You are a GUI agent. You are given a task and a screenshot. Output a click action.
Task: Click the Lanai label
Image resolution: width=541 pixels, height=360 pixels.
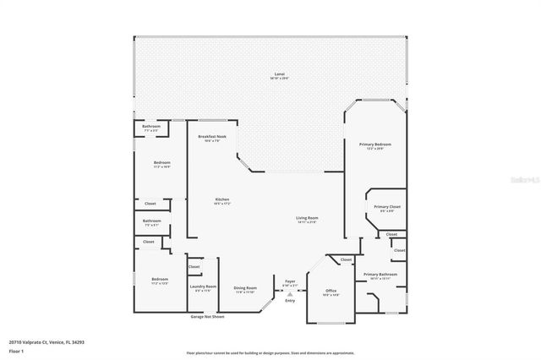279,75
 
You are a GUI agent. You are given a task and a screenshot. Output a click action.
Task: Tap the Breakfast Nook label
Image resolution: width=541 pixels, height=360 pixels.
212,137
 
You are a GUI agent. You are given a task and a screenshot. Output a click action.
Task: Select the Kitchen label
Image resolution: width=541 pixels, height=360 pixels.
221,200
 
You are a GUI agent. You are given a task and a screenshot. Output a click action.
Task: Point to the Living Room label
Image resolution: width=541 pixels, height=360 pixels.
306,219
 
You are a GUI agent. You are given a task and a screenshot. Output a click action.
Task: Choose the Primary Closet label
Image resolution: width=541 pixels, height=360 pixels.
388,207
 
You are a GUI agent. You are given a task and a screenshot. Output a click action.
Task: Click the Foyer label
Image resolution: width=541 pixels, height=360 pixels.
290,281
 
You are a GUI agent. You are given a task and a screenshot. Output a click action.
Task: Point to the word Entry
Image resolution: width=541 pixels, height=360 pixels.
290,301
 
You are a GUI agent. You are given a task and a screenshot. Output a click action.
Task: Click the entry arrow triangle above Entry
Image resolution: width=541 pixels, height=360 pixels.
290,294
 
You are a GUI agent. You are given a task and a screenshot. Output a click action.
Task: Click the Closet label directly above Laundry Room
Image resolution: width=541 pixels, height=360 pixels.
194,267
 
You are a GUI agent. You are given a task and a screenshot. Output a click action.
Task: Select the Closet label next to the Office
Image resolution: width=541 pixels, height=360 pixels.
346,259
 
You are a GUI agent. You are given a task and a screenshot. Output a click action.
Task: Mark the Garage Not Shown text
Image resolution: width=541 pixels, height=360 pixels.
207,317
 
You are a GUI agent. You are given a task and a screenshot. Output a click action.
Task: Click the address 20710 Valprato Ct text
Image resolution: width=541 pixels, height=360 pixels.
47,342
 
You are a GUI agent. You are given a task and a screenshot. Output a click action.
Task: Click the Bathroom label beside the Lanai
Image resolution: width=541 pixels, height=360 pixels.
151,127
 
